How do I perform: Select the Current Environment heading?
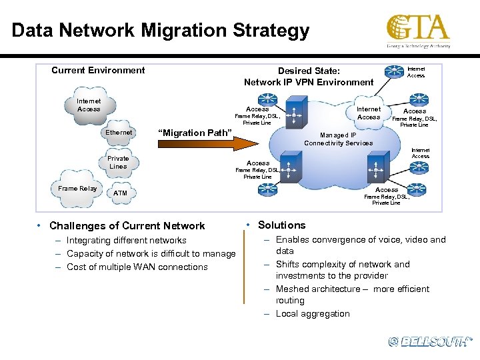pyautogui.click(x=98, y=70)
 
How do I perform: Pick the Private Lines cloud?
pyautogui.click(x=118, y=162)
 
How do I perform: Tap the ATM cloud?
pyautogui.click(x=120, y=193)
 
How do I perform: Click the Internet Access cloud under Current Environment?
pyautogui.click(x=89, y=106)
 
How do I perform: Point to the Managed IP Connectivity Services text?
pyautogui.click(x=339, y=139)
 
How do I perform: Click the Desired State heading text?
pyautogui.click(x=309, y=76)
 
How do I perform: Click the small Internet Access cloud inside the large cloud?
pyautogui.click(x=368, y=113)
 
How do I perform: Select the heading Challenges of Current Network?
pyautogui.click(x=127, y=226)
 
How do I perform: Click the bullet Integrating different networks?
pyautogui.click(x=127, y=240)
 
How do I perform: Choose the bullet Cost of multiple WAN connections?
pyautogui.click(x=137, y=267)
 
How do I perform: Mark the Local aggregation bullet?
pyautogui.click(x=313, y=313)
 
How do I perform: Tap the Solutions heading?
pyautogui.click(x=281, y=225)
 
